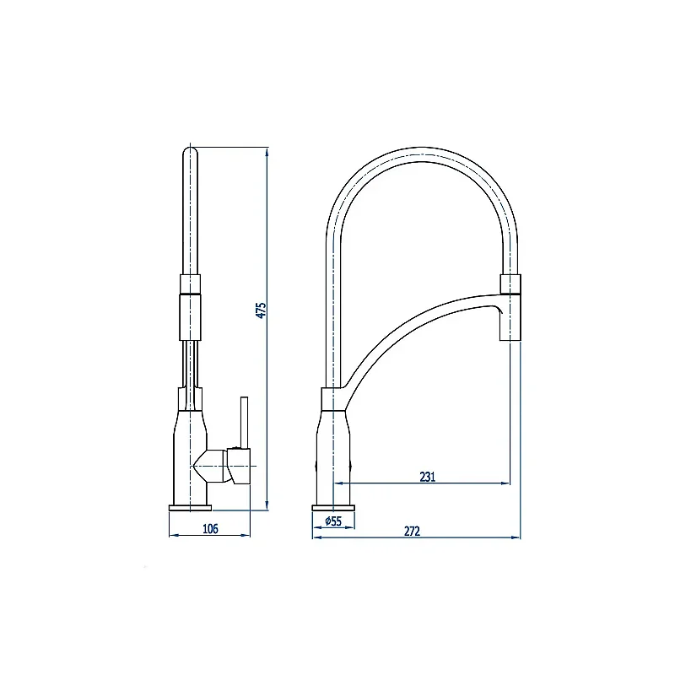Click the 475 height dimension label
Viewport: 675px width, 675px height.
click(262, 310)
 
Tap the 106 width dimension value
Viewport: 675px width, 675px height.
click(210, 528)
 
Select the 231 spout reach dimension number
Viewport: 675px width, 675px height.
click(428, 477)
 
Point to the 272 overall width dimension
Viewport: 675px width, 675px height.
click(412, 532)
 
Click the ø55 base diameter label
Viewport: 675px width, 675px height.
click(333, 521)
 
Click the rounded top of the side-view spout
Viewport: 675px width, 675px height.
click(190, 152)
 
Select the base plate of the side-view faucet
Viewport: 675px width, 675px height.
click(191, 508)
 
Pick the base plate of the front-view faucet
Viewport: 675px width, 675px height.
click(333, 508)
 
